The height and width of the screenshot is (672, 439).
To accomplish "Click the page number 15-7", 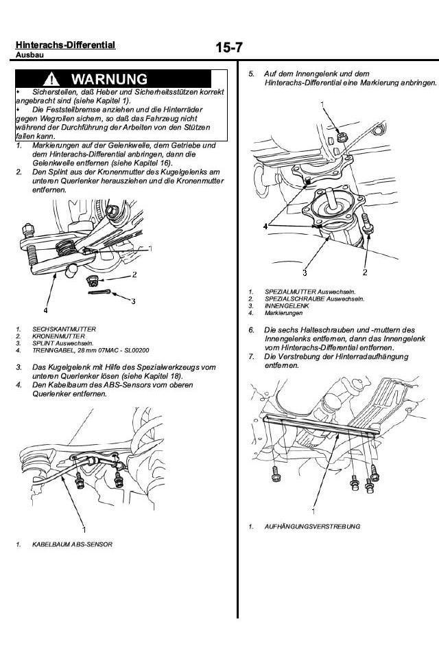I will [x=229, y=48].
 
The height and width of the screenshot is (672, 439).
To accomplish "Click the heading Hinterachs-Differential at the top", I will [x=65, y=45].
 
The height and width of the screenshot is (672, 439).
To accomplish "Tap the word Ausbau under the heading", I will [x=28, y=54].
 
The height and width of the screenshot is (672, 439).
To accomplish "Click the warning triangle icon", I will [x=54, y=79].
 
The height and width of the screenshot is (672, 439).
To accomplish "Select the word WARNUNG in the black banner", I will [x=109, y=79].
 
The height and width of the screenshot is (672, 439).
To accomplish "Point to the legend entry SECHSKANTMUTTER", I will [x=64, y=329].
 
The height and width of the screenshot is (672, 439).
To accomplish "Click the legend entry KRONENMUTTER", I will [x=58, y=336].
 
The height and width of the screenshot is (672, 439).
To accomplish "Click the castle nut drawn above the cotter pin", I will [x=94, y=280].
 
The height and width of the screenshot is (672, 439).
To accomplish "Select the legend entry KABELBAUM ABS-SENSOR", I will [x=72, y=544].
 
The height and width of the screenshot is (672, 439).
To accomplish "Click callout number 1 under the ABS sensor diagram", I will [x=84, y=529].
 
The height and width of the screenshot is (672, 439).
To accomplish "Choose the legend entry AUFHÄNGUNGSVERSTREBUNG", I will [x=312, y=526].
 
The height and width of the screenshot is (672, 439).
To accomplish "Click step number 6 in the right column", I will [x=252, y=330].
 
